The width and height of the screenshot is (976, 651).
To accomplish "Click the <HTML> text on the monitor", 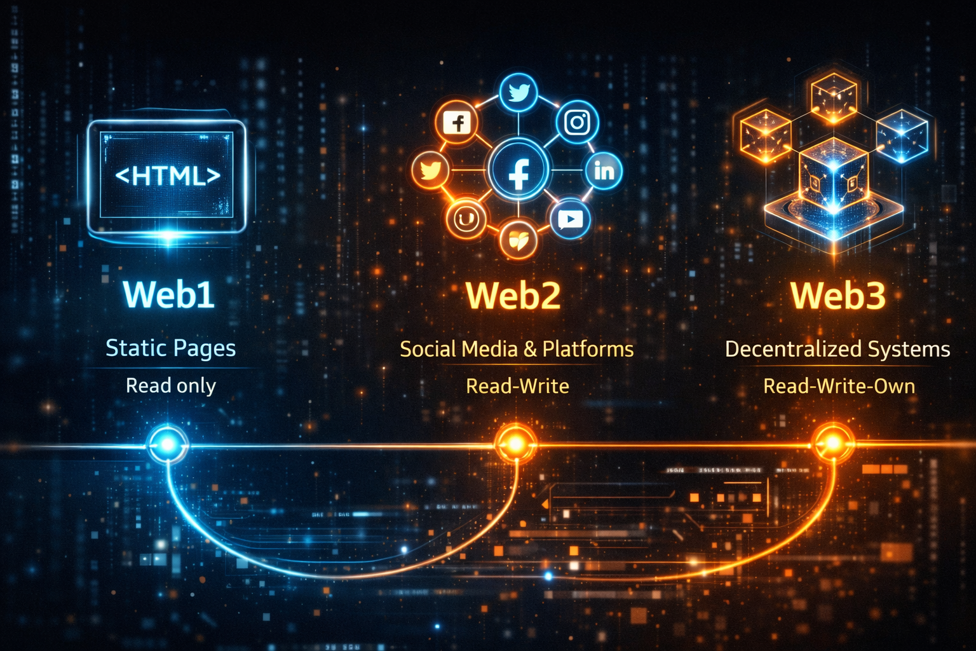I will click(168, 175).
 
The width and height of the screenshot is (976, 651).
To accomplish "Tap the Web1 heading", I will click(169, 294).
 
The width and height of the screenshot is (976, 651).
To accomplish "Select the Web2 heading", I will click(513, 295).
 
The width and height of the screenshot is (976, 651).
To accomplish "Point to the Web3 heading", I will click(838, 295).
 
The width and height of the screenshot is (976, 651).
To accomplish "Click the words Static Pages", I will click(170, 348).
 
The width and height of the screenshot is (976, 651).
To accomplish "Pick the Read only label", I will click(170, 386).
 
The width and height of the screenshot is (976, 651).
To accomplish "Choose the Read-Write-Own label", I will click(839, 386).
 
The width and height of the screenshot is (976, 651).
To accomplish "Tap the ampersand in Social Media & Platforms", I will click(531, 349).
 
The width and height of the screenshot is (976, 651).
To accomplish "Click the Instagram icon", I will click(577, 121).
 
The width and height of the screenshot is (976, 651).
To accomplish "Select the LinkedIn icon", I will click(604, 170).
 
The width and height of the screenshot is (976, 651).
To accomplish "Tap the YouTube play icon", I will click(570, 219).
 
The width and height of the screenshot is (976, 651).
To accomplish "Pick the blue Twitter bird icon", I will click(518, 93).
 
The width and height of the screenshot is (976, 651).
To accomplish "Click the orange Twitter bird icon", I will click(431, 171).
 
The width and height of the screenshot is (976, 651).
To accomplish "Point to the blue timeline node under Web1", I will click(168, 444).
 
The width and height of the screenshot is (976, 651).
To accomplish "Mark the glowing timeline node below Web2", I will click(515, 442).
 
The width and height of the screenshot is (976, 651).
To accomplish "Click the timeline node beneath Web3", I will click(832, 442).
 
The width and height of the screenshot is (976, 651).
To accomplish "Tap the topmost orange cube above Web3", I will click(834, 97).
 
